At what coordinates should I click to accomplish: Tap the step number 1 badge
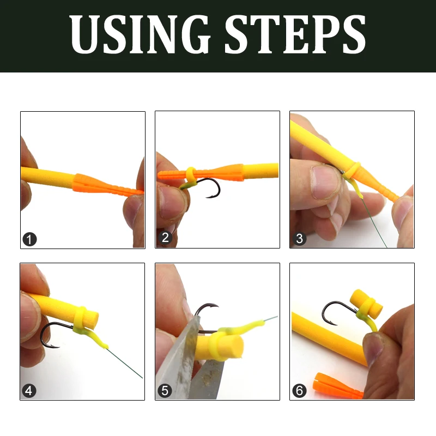(30, 239)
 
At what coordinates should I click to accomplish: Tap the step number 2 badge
(165, 239)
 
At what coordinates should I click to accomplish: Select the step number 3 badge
(299, 239)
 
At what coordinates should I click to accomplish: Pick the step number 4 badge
(30, 390)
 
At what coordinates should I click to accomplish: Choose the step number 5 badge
(165, 390)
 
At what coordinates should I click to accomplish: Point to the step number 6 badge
(299, 390)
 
